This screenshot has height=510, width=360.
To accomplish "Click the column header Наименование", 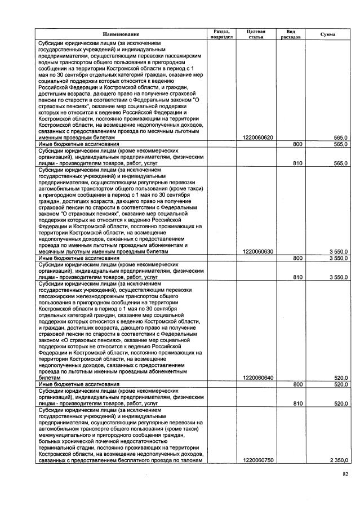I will (120, 34).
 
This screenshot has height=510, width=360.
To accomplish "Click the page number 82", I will (345, 475).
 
